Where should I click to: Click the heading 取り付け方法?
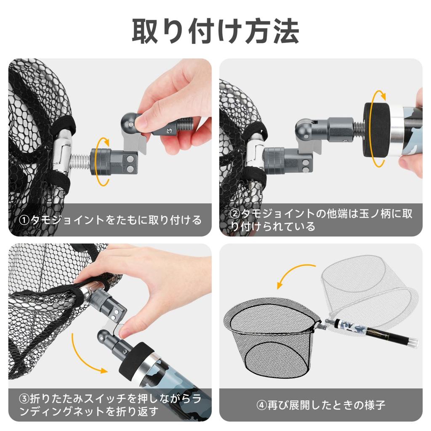pos(215,31)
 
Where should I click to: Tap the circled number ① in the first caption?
pos(24,221)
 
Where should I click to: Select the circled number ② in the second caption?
pos(235,214)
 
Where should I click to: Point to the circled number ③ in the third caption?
pos(24,399)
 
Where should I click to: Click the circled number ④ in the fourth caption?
pos(262,405)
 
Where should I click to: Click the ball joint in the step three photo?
pos(105,338)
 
